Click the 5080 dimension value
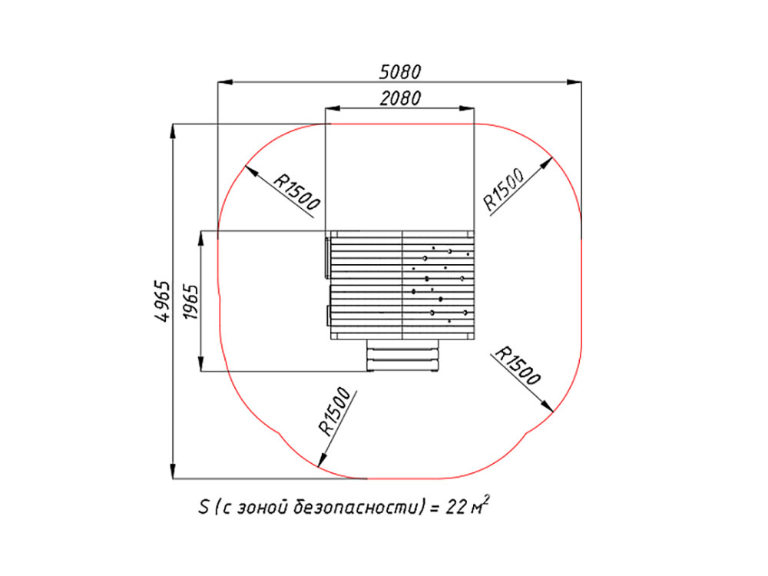400,72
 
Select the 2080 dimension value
400,98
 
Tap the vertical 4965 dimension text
163,301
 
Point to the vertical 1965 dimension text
190,302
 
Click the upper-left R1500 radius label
296,191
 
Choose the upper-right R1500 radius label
504,189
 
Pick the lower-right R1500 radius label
518,366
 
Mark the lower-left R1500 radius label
335,412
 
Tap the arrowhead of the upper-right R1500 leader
546,163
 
